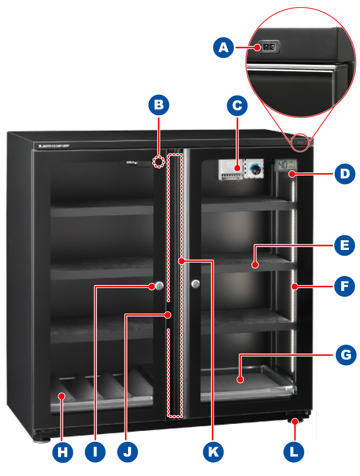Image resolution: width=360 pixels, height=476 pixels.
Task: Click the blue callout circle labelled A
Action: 224,47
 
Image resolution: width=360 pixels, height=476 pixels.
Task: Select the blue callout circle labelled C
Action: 237,106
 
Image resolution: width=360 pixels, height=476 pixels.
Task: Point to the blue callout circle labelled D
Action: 345,174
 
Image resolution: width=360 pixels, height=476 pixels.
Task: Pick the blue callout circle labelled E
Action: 344,245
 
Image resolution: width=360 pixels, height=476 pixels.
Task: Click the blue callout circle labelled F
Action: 344,286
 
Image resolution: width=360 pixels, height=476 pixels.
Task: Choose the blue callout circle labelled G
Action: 346,355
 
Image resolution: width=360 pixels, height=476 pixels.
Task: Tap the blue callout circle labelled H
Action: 63,452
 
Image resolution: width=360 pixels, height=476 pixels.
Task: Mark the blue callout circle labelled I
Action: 95,452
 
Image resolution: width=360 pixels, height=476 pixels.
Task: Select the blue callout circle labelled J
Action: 128,452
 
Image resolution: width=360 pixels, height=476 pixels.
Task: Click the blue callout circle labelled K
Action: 213,452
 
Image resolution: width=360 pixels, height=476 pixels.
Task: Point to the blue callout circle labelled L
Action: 293,452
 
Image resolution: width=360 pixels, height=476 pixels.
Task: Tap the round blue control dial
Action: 256,168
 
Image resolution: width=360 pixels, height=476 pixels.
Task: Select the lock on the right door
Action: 196,284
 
